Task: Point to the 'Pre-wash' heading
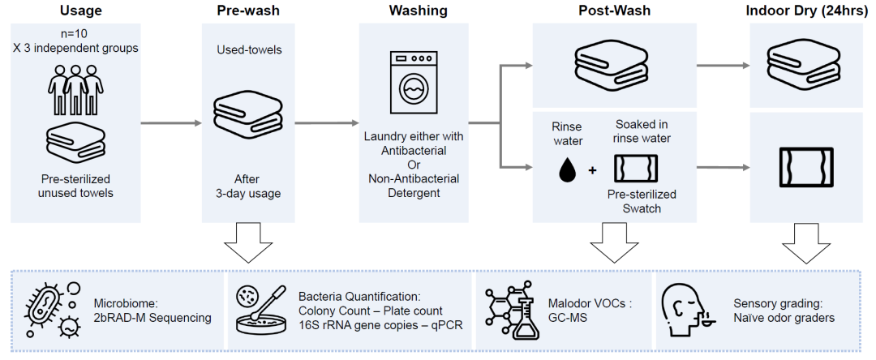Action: pyautogui.click(x=241, y=11)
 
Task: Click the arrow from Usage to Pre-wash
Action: pyautogui.click(x=170, y=123)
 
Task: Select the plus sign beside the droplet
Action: pyautogui.click(x=593, y=170)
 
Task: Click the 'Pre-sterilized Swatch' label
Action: pyautogui.click(x=642, y=201)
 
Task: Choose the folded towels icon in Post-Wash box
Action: pyautogui.click(x=613, y=62)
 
